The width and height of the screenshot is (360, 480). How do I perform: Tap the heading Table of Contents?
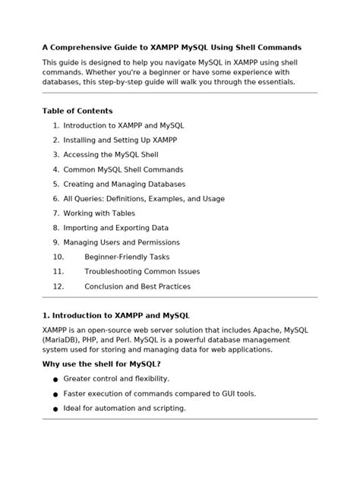click(x=77, y=111)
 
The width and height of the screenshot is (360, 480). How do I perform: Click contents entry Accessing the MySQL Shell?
click(x=111, y=154)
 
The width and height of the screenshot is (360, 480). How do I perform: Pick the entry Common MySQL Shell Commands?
click(x=123, y=169)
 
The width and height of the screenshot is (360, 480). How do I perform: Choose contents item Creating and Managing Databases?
click(x=124, y=184)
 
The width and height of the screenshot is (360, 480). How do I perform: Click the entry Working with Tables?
click(x=99, y=213)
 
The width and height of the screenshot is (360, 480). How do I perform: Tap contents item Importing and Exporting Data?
click(x=115, y=228)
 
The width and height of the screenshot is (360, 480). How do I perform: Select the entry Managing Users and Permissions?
click(x=122, y=242)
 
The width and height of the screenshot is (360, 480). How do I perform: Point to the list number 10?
click(x=58, y=257)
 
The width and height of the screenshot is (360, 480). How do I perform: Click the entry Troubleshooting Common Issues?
click(x=142, y=272)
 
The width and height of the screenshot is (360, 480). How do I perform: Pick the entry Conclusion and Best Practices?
click(x=137, y=286)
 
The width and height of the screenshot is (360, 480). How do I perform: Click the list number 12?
click(x=58, y=286)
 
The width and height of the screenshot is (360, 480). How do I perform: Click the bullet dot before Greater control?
click(x=55, y=379)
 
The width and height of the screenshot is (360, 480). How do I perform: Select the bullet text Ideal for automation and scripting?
click(x=125, y=408)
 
